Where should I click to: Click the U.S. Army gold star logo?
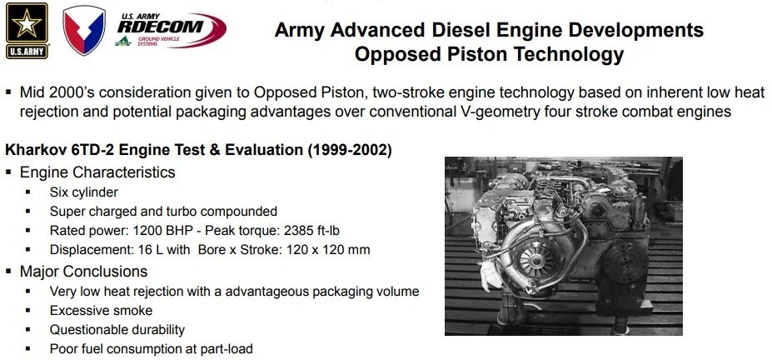pyautogui.click(x=27, y=31)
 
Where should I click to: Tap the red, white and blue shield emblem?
pyautogui.click(x=84, y=30)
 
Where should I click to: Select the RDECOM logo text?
pyautogui.click(x=160, y=26)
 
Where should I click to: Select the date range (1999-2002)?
pyautogui.click(x=350, y=150)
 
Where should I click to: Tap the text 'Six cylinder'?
pyautogui.click(x=84, y=192)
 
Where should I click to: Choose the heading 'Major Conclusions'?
pyautogui.click(x=84, y=272)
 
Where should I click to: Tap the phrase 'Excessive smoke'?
pyautogui.click(x=101, y=311)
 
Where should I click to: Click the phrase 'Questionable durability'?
pyautogui.click(x=117, y=330)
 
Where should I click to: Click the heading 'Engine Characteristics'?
pyautogui.click(x=97, y=172)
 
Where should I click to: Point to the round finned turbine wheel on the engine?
pyautogui.click(x=535, y=257)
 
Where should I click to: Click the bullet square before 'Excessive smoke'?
pyautogui.click(x=27, y=311)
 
